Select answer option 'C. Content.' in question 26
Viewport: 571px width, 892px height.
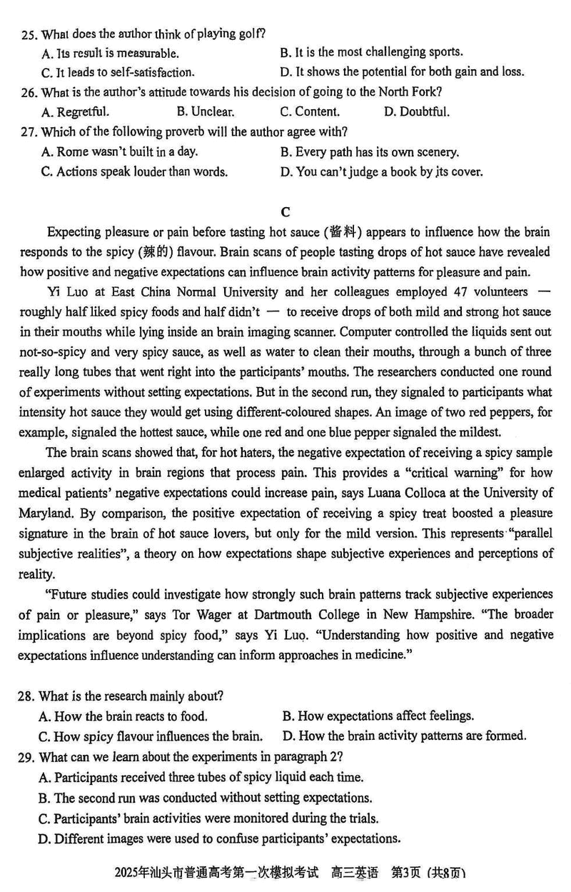[309, 111]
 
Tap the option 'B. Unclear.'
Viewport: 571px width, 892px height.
[205, 111]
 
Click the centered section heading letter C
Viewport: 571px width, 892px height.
[285, 212]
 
